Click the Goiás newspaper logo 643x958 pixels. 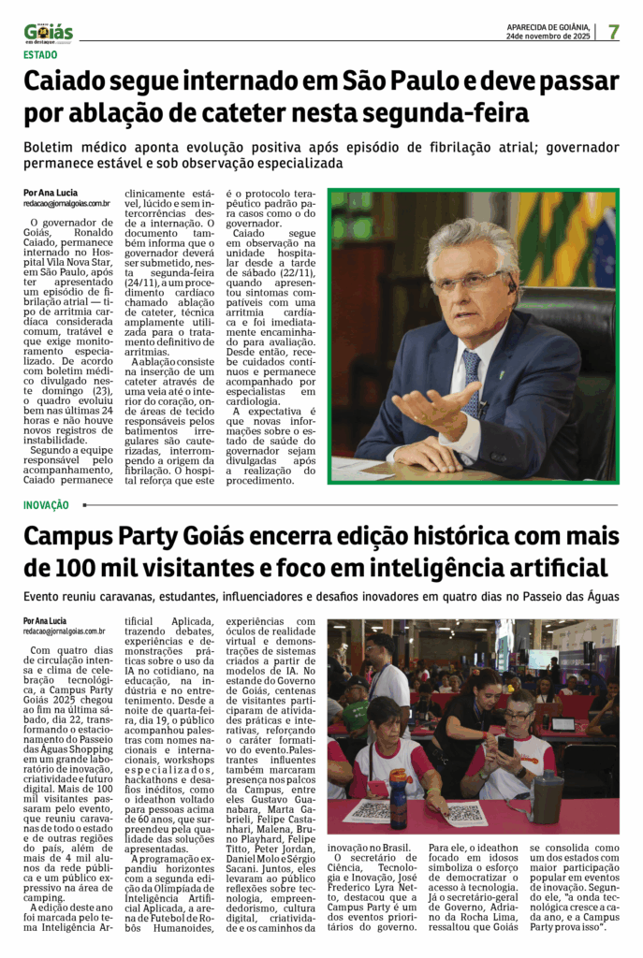(x=48, y=33)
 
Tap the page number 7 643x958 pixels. (x=613, y=31)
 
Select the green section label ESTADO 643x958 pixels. (x=39, y=55)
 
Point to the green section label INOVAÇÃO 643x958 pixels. (x=46, y=504)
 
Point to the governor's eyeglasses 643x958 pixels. (x=465, y=282)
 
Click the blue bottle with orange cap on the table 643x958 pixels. (x=399, y=800)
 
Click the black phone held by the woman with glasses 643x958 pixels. (x=505, y=745)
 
